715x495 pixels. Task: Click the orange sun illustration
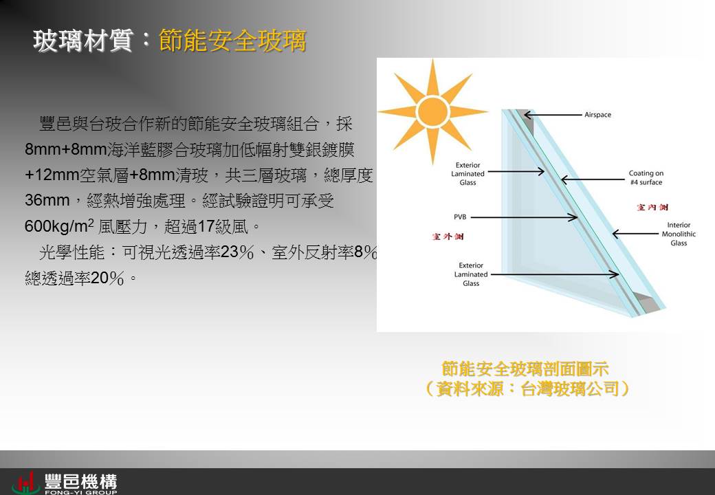(432, 111)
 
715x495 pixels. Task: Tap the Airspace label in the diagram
(597, 115)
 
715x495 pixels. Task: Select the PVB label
(460, 217)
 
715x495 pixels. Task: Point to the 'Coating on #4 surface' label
(646, 178)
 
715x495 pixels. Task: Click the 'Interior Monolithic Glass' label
(679, 234)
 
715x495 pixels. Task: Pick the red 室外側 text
(448, 236)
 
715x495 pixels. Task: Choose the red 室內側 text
(652, 208)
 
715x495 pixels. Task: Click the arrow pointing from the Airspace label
(553, 115)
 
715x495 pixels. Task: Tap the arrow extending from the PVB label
(524, 217)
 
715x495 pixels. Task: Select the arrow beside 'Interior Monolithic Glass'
(636, 234)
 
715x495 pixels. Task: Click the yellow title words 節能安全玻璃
(232, 41)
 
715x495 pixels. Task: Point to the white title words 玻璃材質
(83, 41)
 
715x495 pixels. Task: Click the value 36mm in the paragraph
(47, 200)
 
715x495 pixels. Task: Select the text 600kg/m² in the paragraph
(59, 225)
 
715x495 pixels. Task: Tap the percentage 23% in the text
(237, 252)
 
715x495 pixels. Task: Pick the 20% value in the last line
(107, 278)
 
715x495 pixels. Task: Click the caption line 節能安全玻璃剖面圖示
(525, 368)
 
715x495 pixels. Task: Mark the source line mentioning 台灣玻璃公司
(527, 389)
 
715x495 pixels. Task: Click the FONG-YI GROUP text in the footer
(80, 492)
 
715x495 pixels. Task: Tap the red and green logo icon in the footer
(26, 483)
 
